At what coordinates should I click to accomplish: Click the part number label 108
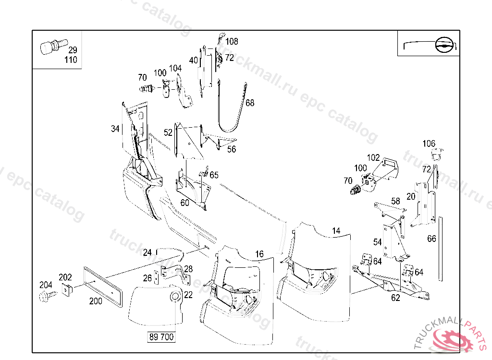pyautogui.click(x=232, y=42)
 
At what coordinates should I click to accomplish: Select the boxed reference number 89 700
pyautogui.click(x=161, y=337)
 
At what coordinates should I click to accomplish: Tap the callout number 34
pyautogui.click(x=115, y=129)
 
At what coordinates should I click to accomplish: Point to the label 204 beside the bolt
pyautogui.click(x=46, y=285)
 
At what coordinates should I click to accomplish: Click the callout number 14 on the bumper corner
pyautogui.click(x=336, y=231)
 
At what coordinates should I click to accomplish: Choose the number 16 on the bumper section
pyautogui.click(x=259, y=254)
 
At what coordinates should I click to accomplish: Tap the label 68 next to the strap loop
pyautogui.click(x=250, y=103)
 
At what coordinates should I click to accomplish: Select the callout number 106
pyautogui.click(x=429, y=144)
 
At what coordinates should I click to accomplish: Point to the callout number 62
pyautogui.click(x=395, y=298)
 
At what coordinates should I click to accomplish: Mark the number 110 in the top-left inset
pyautogui.click(x=71, y=60)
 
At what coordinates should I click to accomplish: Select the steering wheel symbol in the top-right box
pyautogui.click(x=444, y=45)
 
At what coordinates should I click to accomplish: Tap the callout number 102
pyautogui.click(x=373, y=157)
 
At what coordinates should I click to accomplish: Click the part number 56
pyautogui.click(x=232, y=149)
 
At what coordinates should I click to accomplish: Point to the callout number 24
pyautogui.click(x=147, y=252)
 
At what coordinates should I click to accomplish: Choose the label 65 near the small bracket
pyautogui.click(x=214, y=175)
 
